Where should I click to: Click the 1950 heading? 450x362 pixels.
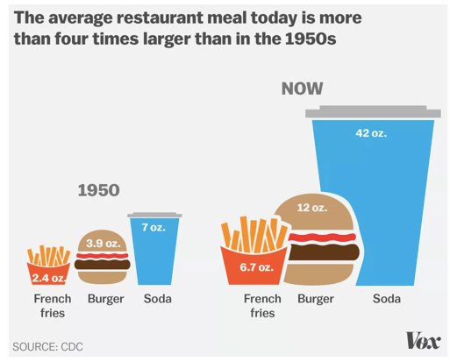[x=98, y=190]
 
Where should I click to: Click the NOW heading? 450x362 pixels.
[x=302, y=89]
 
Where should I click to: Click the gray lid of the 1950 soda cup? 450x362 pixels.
[x=155, y=215]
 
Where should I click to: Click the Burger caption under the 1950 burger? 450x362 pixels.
[x=105, y=299]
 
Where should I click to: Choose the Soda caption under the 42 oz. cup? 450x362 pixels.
[x=387, y=299]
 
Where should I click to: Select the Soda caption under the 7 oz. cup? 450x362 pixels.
[x=157, y=299]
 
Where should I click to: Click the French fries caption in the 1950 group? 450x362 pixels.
[x=52, y=305]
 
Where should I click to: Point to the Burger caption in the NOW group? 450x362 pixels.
[x=316, y=299]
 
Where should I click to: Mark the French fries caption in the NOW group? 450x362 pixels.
[x=263, y=305]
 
